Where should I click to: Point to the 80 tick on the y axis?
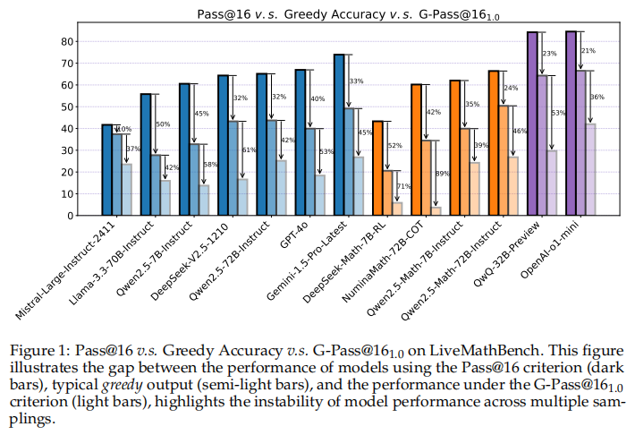click(x=65, y=41)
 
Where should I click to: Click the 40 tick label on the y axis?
click(x=65, y=128)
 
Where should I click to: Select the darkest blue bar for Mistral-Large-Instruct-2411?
click(x=106, y=170)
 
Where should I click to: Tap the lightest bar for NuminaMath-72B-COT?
click(x=436, y=211)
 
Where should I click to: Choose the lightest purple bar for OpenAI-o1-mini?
click(x=590, y=170)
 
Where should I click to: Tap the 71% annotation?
click(x=404, y=186)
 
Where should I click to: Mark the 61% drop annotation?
click(x=250, y=149)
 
